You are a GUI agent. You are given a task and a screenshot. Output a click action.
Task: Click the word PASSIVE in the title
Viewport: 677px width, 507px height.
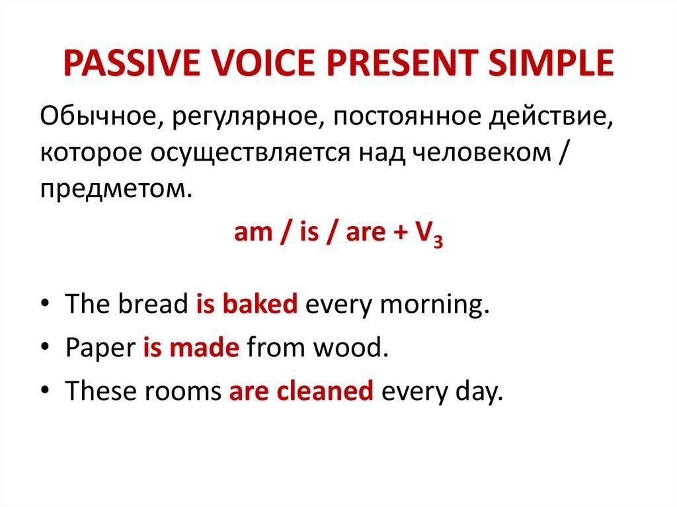132,63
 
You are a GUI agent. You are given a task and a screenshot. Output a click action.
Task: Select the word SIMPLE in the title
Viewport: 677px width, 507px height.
551,63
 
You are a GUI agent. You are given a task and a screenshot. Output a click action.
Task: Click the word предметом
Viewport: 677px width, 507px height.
116,189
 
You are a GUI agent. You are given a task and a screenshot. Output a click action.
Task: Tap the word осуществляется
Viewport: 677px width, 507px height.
250,154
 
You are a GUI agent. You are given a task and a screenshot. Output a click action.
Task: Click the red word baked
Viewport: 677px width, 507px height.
260,303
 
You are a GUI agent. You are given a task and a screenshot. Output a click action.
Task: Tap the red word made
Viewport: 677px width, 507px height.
204,347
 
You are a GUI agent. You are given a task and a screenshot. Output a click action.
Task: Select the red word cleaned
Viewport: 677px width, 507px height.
325,391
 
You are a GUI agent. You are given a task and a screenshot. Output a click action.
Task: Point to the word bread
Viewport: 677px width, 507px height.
153,303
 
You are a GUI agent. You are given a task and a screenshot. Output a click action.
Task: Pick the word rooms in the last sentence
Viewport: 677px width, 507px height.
182,391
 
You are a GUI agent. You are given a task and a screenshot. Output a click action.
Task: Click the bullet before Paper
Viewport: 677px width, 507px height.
45,347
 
